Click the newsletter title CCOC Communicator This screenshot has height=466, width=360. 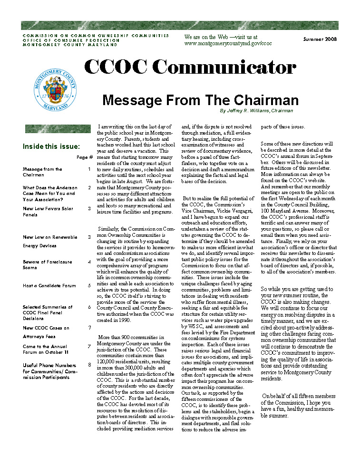pyautogui.click(x=190, y=68)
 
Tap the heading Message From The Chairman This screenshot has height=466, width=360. pyautogui.click(x=200, y=100)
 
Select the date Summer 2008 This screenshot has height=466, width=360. pyautogui.click(x=320, y=39)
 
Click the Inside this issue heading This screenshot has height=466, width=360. pyautogui.click(x=51, y=146)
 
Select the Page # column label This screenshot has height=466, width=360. pyautogui.click(x=85, y=157)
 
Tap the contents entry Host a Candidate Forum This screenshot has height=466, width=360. pyautogui.click(x=49, y=286)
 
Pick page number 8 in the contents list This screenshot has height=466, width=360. pyautogui.click(x=89, y=365)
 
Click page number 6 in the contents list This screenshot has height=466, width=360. pyautogui.click(x=89, y=307)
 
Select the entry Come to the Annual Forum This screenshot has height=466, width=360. pyautogui.click(x=46, y=349)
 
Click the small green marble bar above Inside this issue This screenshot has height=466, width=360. pyautogui.click(x=58, y=129)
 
